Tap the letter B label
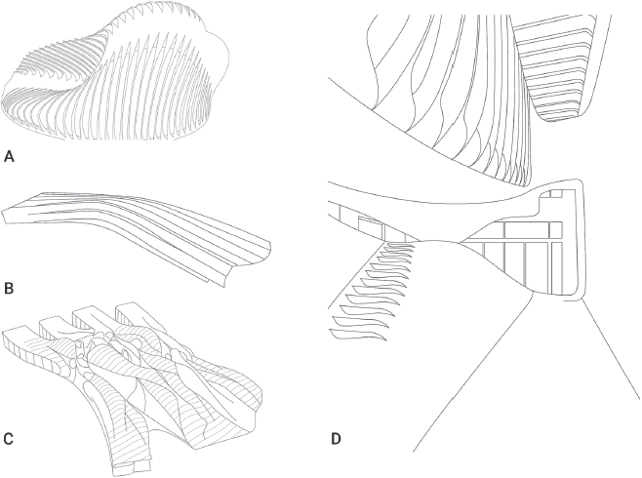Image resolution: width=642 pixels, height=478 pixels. click(10, 288)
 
